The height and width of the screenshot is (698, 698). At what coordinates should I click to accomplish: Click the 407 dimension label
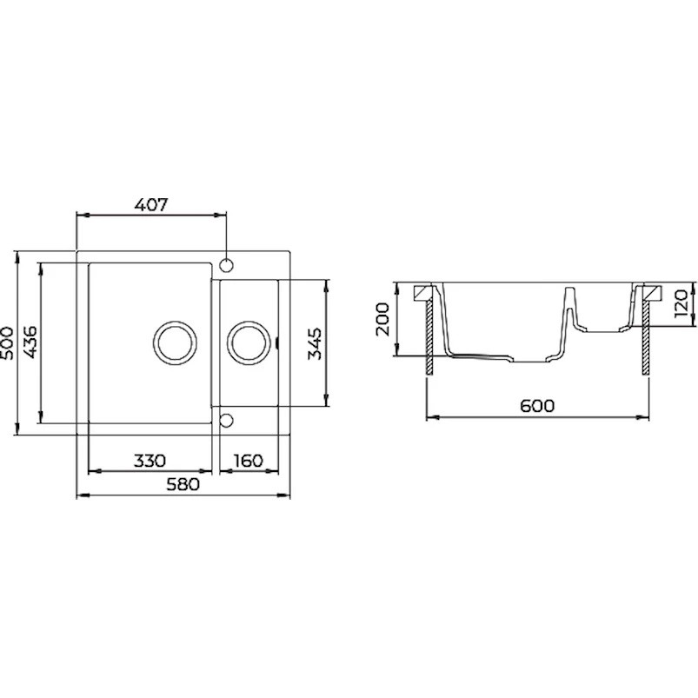tap(151, 205)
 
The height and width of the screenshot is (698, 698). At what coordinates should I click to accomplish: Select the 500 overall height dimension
tap(8, 342)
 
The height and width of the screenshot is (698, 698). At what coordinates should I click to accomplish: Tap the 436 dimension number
tap(30, 342)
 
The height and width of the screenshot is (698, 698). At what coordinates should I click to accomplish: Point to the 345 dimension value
tap(315, 343)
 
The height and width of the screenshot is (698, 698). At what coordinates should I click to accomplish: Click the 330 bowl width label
tap(150, 461)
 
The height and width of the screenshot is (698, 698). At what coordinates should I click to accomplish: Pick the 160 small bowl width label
tap(248, 461)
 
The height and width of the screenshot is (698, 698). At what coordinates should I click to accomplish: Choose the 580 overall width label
tap(183, 484)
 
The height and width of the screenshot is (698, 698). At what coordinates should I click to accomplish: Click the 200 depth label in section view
tap(382, 319)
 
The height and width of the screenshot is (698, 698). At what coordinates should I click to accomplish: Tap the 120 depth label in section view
tap(681, 303)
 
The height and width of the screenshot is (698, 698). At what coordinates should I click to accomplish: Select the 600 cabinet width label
tap(537, 406)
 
